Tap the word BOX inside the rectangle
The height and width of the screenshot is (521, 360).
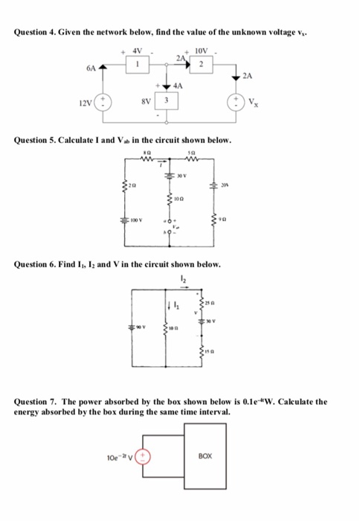click(208, 455)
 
